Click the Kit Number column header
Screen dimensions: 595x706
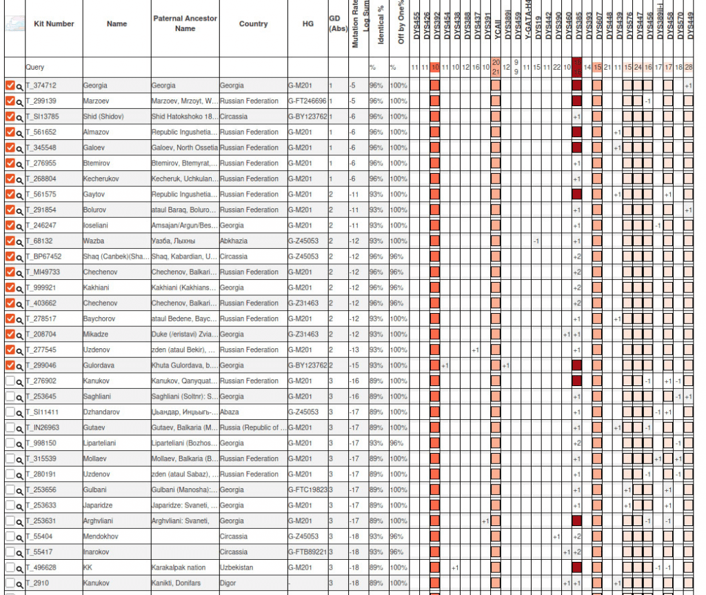point(54,23)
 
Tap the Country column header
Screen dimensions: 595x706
point(253,23)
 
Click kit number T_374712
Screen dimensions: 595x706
point(41,85)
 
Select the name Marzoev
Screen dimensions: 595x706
point(96,101)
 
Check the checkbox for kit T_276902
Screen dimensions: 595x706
point(10,381)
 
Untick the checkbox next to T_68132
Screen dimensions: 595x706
point(10,241)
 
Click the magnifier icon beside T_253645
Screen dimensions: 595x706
point(20,396)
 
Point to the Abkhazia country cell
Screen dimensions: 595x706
point(236,241)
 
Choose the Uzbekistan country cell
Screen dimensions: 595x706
point(239,567)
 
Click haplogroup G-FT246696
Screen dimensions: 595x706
point(307,101)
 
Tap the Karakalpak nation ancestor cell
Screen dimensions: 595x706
point(179,567)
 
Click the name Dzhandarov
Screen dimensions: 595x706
point(101,412)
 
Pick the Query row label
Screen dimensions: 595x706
point(35,68)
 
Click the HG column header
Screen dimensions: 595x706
point(307,23)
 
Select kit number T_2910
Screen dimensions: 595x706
point(37,583)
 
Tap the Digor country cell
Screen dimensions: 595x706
point(229,583)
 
